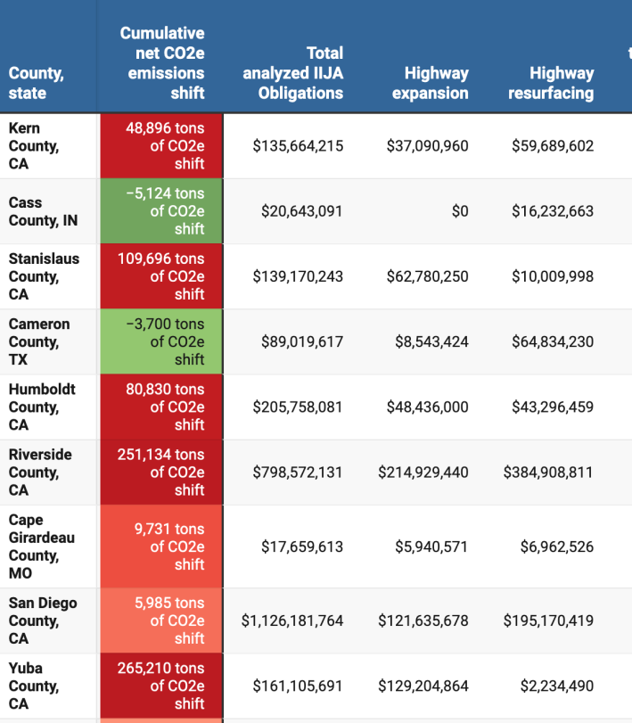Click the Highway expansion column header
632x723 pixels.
coord(436,83)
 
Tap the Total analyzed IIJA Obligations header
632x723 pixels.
coord(292,73)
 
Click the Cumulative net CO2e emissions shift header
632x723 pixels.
coord(161,63)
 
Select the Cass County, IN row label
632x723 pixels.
coord(43,211)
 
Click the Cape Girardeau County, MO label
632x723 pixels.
coord(41,546)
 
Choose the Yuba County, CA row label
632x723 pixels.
coord(34,686)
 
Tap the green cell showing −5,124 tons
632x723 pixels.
coord(161,211)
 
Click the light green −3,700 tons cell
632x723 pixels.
coord(161,341)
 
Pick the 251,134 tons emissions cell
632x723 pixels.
coord(161,472)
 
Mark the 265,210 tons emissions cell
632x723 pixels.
coord(161,686)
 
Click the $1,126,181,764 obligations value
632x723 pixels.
coord(292,620)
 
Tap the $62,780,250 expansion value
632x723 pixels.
coord(427,276)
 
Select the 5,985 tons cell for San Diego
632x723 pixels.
coord(161,620)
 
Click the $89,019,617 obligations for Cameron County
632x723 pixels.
coord(301,341)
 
